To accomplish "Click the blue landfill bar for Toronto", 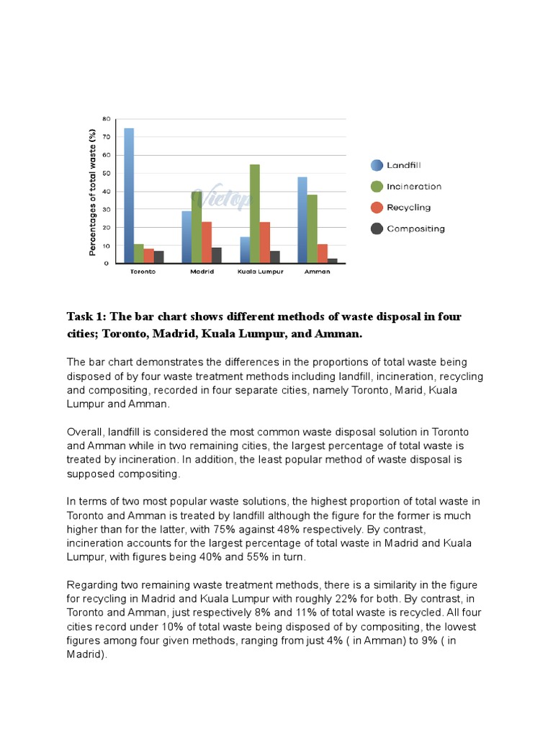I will pos(129,195).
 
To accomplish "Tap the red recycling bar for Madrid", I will pos(207,242).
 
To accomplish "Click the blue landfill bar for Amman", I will pos(302,220).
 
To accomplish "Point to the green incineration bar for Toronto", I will pos(139,254).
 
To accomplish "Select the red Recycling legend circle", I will pos(376,208).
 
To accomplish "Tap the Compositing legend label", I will pos(415,229).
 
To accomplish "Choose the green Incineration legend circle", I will pos(376,187).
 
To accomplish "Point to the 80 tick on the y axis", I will pos(106,119).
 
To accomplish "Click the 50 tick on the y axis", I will pos(106,174).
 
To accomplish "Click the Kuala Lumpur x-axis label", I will pos(260,272).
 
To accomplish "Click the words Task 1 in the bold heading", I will pos(84,317).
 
